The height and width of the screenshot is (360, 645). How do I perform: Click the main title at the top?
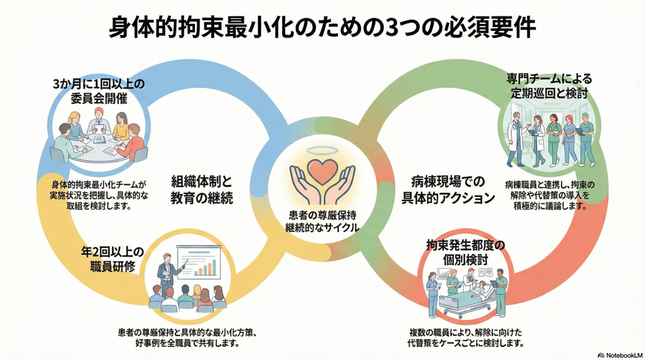point(322,28)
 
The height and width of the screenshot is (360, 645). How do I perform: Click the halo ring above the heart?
point(322,150)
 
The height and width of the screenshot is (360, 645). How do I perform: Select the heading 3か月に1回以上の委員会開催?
point(99,91)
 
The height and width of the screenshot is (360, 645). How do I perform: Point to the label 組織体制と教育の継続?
point(202,189)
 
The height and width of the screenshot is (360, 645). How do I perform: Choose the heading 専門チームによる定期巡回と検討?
point(549,86)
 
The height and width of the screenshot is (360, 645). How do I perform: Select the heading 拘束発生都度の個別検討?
point(465,252)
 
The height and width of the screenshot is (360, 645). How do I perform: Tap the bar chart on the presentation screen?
point(207,266)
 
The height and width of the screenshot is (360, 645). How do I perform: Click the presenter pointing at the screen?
point(165,273)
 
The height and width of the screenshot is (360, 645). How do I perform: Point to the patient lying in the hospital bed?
point(480,291)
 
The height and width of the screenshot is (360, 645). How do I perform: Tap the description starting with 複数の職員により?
point(466,338)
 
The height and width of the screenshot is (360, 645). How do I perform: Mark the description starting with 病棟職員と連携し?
point(549,195)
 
